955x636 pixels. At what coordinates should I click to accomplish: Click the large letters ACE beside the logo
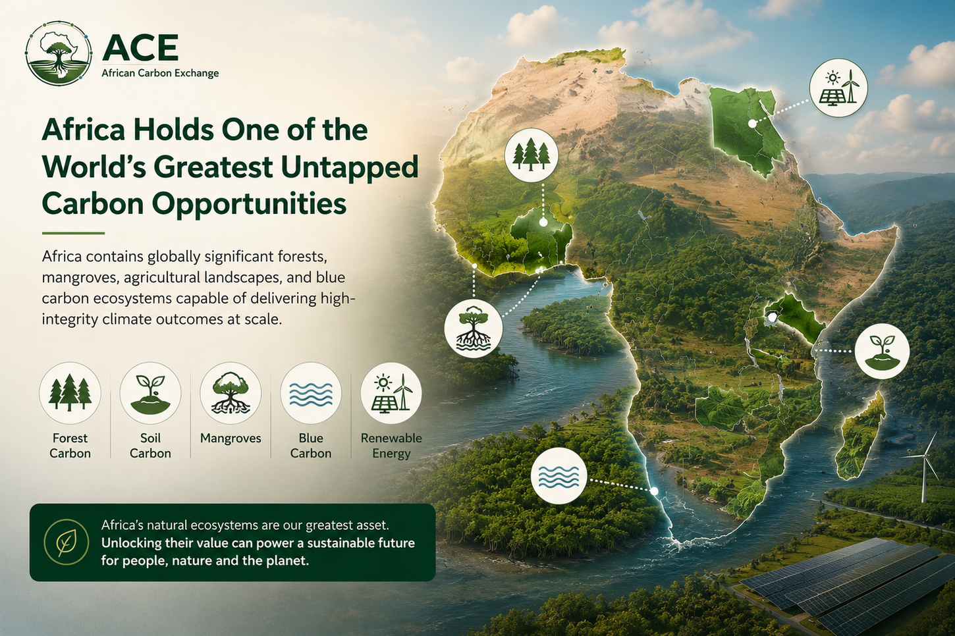coord(140,48)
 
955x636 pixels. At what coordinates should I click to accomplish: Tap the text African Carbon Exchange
coord(160,73)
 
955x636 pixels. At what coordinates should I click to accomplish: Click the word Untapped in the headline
coord(349,167)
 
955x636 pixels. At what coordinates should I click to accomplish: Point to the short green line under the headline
coord(73,233)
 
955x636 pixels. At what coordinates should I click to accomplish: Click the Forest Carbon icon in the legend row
coord(70,393)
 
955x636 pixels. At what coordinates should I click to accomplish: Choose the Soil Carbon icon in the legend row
coord(150,393)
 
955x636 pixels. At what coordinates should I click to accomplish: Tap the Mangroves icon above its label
coord(231,393)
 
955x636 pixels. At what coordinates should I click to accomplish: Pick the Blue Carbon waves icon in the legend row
coord(311,393)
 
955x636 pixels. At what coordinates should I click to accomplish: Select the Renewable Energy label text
coord(391,446)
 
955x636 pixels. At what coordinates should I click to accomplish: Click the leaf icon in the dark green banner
coord(67,543)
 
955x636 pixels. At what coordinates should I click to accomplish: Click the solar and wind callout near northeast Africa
coord(838,87)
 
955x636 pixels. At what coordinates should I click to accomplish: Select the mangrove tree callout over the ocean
coord(474,327)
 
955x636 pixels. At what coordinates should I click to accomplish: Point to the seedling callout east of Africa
coord(882,352)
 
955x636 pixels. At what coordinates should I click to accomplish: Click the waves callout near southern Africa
coord(559,476)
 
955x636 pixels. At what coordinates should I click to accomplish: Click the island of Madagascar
coord(860,437)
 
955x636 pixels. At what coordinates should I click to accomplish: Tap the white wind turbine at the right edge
coord(922,469)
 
